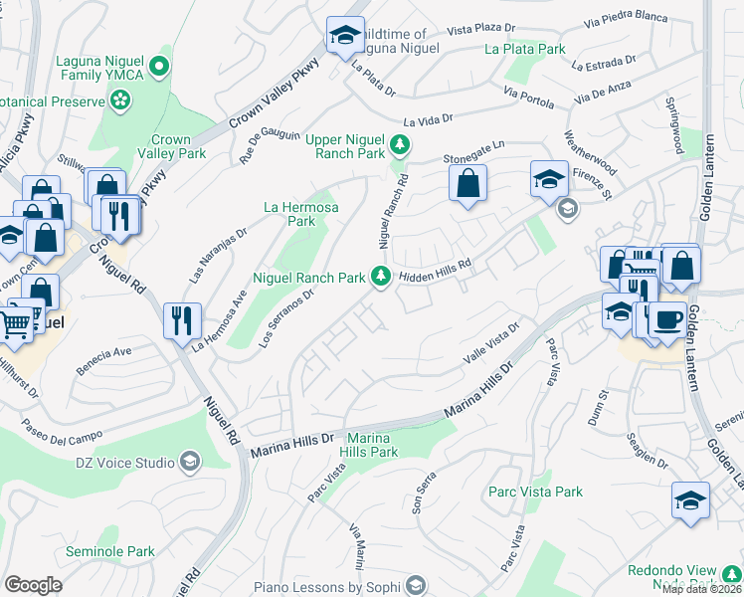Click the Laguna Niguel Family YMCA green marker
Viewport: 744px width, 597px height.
click(159, 67)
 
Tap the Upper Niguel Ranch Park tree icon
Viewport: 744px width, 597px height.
click(399, 146)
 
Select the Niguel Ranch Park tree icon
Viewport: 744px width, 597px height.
click(379, 278)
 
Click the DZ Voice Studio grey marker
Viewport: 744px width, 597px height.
click(189, 462)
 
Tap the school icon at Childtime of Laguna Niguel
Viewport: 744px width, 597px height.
click(344, 37)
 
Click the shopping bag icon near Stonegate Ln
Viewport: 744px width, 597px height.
click(466, 183)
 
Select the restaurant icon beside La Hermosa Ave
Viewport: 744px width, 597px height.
click(181, 319)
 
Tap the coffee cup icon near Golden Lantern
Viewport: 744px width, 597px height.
click(666, 318)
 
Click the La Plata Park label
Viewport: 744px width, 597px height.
click(524, 48)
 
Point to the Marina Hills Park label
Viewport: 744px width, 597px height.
click(371, 445)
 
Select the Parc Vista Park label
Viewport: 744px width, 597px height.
click(535, 492)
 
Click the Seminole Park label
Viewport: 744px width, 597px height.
click(110, 551)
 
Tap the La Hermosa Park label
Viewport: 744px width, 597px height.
click(300, 214)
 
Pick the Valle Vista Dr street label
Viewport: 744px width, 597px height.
click(491, 343)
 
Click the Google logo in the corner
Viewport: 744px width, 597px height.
click(33, 585)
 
